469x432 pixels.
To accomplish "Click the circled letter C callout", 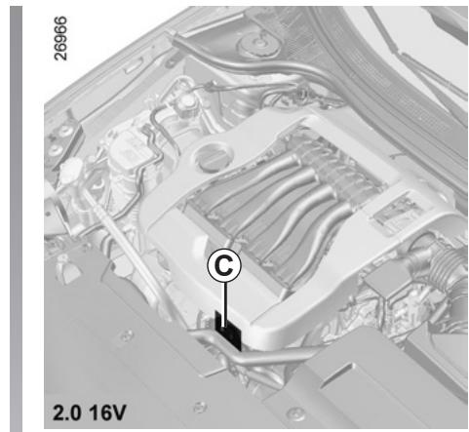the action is coord(224,266).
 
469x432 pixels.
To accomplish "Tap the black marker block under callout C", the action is coord(228,331).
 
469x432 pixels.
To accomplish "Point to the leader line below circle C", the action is coord(224,304).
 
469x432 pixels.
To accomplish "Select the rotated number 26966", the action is coord(60,38).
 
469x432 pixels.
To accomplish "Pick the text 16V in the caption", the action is coord(107,412).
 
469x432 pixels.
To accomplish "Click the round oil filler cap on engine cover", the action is coord(214,157).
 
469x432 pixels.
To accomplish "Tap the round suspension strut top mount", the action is coord(258,45).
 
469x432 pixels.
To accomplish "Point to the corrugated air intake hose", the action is coord(446,266).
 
